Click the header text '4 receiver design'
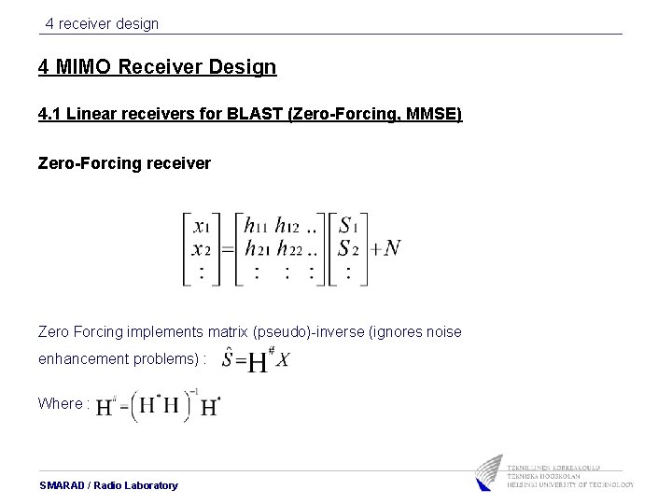pyautogui.click(x=102, y=23)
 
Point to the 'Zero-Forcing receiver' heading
pyautogui.click(x=124, y=163)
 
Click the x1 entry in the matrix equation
pyautogui.click(x=201, y=226)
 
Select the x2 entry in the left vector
pyautogui.click(x=201, y=248)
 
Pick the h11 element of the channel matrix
pyautogui.click(x=256, y=226)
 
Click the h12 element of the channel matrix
pyautogui.click(x=288, y=226)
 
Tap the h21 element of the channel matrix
pyautogui.click(x=256, y=248)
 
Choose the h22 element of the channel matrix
pyautogui.click(x=289, y=248)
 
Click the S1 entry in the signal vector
pyautogui.click(x=348, y=226)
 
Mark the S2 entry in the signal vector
pyautogui.click(x=348, y=248)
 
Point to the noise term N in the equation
pyautogui.click(x=392, y=247)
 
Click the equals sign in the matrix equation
pyautogui.click(x=225, y=248)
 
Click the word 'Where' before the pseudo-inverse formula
pyautogui.click(x=60, y=403)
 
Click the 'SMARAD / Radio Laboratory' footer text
pyautogui.click(x=108, y=485)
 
